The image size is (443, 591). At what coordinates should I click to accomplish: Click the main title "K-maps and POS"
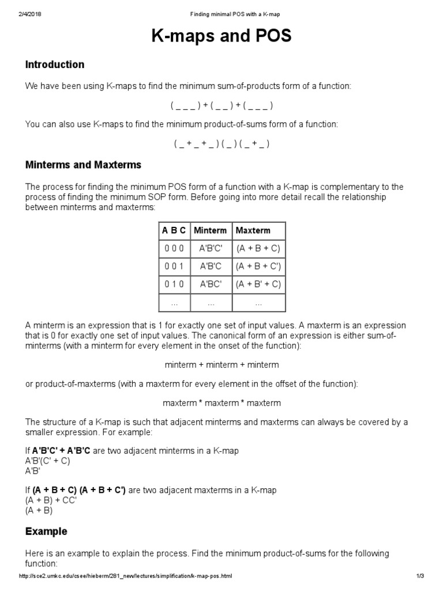[x=221, y=37]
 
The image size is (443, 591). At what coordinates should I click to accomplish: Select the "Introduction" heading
[x=55, y=65]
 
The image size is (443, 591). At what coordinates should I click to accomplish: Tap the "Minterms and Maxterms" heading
[x=83, y=165]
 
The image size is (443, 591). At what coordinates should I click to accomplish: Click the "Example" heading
[x=46, y=531]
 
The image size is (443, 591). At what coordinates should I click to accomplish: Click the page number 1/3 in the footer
[x=419, y=576]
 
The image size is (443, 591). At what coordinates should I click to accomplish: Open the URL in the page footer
[x=126, y=576]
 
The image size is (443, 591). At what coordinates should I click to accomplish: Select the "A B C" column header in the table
[x=174, y=230]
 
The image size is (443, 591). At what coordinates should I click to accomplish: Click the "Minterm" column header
[x=210, y=230]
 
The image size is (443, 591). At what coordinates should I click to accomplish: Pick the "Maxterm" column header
[x=253, y=230]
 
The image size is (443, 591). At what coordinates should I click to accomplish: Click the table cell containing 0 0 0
[x=174, y=249]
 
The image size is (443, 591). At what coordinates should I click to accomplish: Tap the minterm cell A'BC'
[x=210, y=285]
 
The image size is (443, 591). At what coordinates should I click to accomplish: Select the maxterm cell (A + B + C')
[x=258, y=267]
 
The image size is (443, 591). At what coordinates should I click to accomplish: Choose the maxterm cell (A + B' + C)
[x=258, y=285]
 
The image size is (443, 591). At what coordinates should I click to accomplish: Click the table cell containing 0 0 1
[x=174, y=267]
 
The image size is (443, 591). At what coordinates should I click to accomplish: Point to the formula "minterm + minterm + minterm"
[x=221, y=365]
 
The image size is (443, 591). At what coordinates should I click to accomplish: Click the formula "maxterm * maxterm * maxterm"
[x=221, y=403]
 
